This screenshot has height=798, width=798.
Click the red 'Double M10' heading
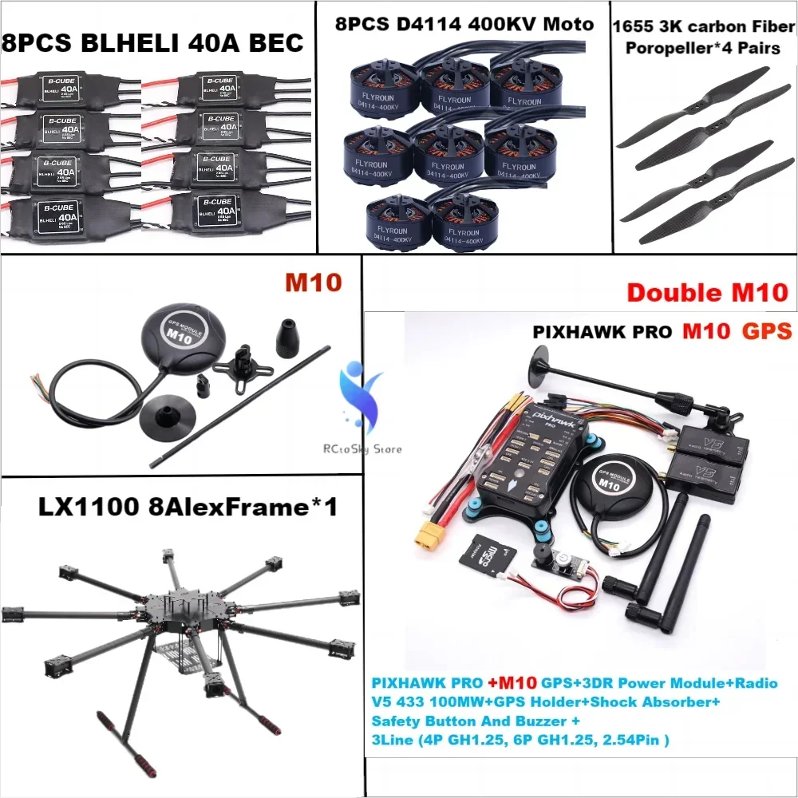707,292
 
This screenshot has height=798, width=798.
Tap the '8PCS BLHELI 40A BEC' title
154,41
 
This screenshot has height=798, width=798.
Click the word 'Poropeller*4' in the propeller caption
676,48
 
